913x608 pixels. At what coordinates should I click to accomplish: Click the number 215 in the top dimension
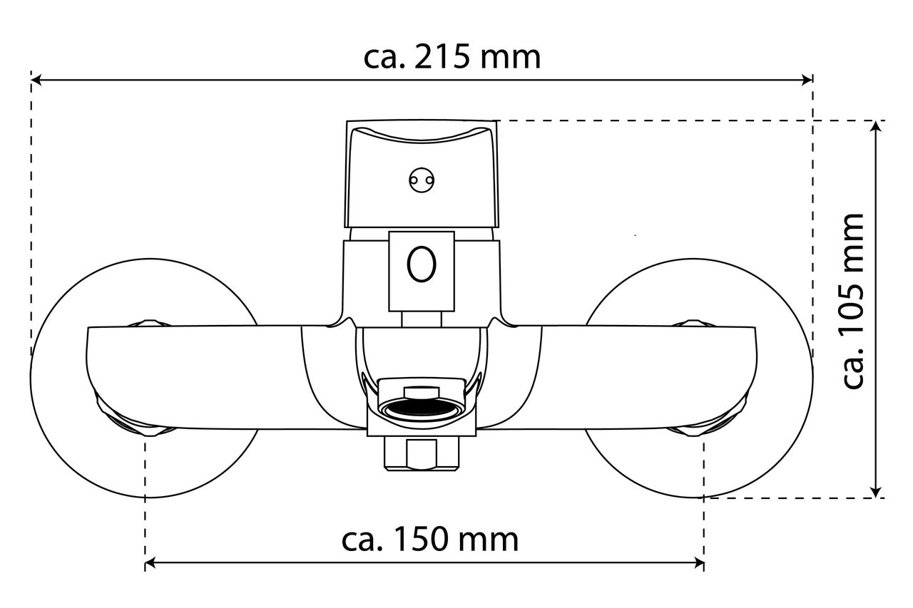coord(442,57)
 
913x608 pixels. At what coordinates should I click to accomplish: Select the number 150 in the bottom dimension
coord(421,539)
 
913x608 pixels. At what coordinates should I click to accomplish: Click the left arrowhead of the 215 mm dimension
coord(36,80)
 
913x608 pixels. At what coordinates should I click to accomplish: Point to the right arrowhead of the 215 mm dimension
coord(807,80)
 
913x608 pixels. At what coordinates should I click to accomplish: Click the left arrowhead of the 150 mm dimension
coord(150,564)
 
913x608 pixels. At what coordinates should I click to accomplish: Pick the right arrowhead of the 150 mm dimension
coord(699,564)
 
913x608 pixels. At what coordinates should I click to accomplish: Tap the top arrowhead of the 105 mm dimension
coord(876,126)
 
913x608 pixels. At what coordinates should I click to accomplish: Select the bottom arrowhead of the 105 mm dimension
coord(876,492)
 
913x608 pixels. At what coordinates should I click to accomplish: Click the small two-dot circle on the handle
coord(422,180)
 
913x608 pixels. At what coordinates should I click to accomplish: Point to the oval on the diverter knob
coord(422,264)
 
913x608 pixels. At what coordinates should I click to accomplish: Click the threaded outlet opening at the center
coord(422,408)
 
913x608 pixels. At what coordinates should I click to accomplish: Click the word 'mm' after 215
coord(510,58)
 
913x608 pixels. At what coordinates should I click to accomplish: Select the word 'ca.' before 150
coord(362,541)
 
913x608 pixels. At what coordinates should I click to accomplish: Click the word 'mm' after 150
coord(489,541)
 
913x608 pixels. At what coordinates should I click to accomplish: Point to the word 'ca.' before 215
coord(384,59)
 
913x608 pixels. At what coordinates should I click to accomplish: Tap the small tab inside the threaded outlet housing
coord(422,392)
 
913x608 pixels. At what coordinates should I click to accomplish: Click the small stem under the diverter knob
coord(422,319)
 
